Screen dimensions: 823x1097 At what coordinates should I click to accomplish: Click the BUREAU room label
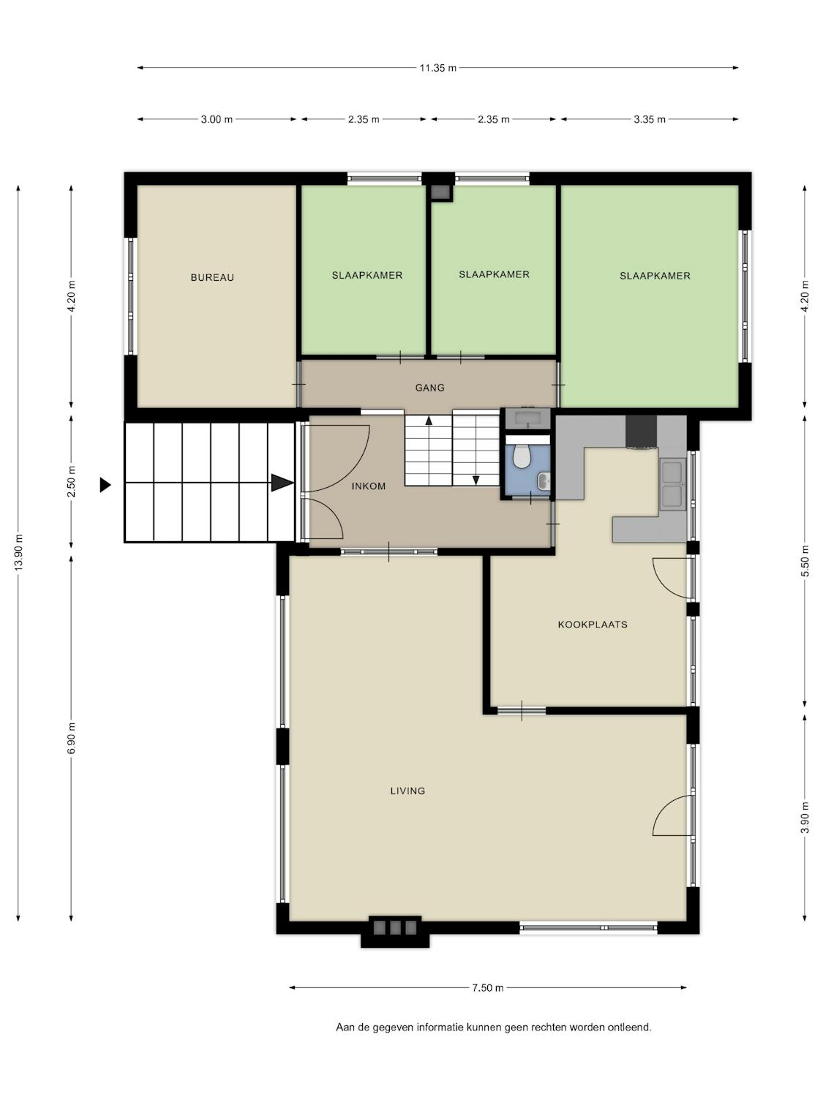212,277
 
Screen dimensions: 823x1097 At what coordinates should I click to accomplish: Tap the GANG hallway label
429,388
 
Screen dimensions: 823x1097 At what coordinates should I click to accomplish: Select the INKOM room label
368,486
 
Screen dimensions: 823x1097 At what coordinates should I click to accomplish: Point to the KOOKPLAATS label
592,625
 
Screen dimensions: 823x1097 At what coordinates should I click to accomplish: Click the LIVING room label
407,791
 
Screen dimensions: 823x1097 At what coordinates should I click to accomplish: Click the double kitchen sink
672,485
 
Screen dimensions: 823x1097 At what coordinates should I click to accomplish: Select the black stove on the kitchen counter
641,431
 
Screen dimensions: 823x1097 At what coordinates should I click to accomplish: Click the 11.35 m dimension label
437,68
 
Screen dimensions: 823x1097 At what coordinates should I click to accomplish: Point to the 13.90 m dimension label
19,552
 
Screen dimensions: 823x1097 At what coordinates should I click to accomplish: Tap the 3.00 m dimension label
217,119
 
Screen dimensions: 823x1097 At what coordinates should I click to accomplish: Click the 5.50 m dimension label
805,562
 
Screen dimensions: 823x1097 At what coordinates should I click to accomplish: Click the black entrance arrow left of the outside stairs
105,485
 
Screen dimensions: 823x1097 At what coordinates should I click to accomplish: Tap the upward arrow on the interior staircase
429,421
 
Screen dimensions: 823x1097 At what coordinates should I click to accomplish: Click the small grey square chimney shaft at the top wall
440,192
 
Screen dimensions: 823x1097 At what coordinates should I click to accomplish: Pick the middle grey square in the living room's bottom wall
395,927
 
